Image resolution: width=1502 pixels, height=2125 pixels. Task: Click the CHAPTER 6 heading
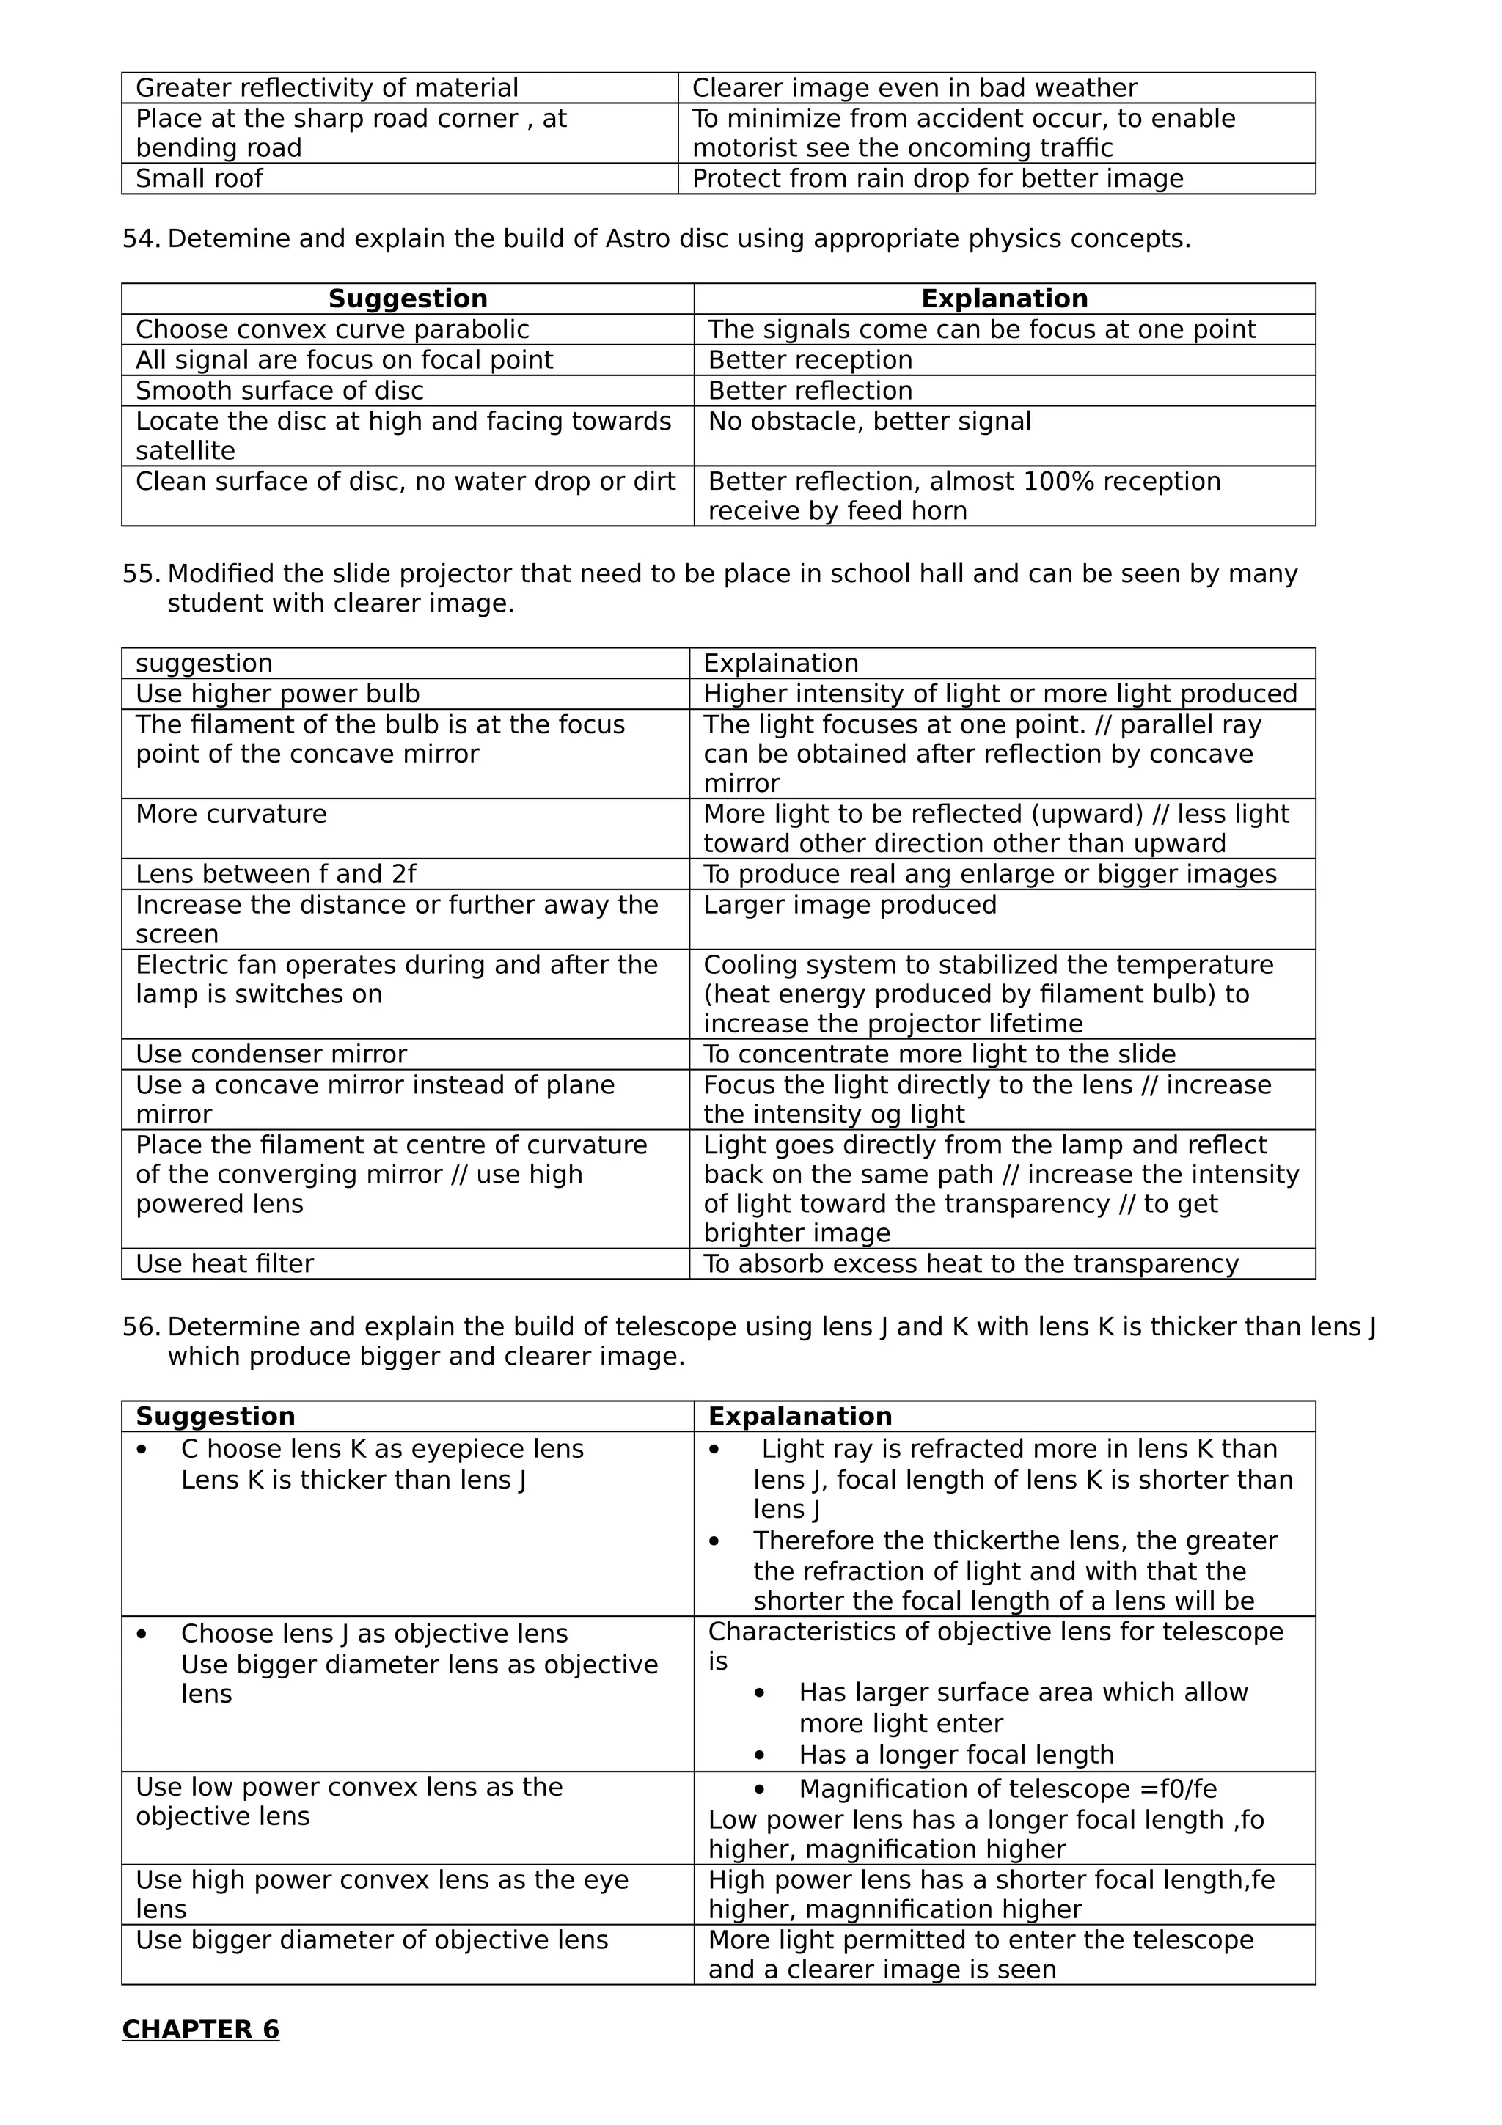point(201,2029)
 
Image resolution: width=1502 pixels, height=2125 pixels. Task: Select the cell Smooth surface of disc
point(279,391)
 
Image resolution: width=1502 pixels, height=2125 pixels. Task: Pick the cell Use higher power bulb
point(278,694)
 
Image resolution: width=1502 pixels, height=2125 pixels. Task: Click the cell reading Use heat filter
point(225,1263)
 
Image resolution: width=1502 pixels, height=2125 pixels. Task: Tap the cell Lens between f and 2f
point(276,874)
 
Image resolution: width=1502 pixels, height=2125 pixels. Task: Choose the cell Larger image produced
point(849,905)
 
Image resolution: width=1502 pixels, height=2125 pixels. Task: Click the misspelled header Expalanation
point(799,1416)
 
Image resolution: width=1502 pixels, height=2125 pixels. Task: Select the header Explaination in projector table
point(781,664)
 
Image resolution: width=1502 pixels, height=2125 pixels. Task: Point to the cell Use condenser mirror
point(271,1054)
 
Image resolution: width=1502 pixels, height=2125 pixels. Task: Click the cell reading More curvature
point(231,815)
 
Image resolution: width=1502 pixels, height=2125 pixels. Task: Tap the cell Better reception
point(810,360)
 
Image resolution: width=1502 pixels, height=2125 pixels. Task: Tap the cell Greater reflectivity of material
point(326,88)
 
